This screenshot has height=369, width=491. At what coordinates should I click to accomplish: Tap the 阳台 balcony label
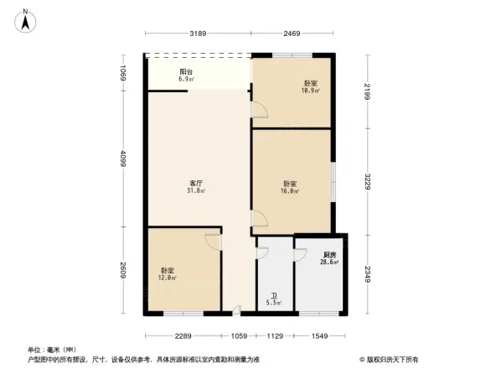(x=186, y=73)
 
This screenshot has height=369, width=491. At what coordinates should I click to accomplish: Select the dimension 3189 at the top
(x=197, y=34)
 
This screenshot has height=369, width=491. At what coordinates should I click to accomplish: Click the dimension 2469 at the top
(x=291, y=34)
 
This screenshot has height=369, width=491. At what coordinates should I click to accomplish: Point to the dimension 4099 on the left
(x=123, y=159)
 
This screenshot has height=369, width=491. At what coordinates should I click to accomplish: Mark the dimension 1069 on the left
(x=123, y=73)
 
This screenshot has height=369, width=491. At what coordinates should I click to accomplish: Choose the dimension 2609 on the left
(x=123, y=270)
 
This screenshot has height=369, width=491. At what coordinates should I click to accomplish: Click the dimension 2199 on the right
(x=368, y=91)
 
